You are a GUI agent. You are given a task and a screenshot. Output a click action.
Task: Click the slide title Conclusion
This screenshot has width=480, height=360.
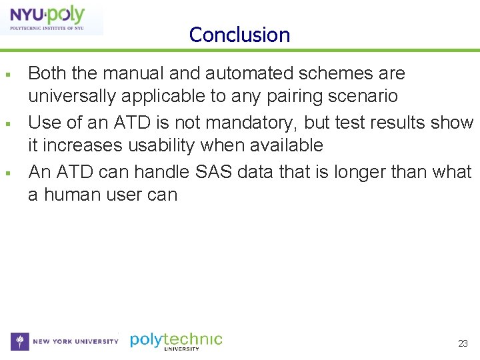click(239, 35)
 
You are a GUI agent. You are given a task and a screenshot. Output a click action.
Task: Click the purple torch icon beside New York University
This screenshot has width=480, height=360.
click(21, 341)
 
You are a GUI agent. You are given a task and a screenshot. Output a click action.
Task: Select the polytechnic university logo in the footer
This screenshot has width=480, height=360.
click(176, 341)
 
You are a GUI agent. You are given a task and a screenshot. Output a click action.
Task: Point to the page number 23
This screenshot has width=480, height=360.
click(463, 344)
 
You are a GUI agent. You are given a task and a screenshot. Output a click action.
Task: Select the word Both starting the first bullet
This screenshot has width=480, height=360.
click(46, 73)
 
